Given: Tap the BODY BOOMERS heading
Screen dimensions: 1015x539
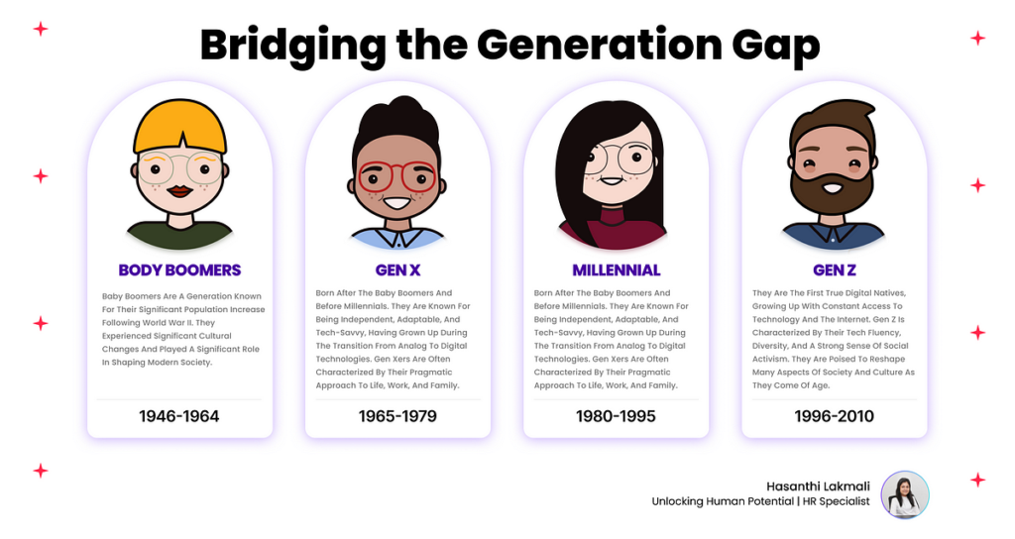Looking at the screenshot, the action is click(180, 269).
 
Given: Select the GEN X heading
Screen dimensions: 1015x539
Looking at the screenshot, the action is click(397, 269).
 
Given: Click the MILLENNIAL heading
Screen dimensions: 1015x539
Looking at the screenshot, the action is click(617, 269).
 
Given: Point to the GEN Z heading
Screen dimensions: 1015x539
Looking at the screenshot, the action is click(835, 269).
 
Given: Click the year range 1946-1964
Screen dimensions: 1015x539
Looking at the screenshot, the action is click(179, 416).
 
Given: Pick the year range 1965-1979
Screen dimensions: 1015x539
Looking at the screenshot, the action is click(397, 416).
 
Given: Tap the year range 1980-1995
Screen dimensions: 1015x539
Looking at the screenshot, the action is click(616, 416).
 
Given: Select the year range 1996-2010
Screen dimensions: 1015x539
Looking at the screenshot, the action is click(835, 416).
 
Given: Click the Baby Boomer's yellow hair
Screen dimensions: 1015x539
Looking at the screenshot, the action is click(180, 126).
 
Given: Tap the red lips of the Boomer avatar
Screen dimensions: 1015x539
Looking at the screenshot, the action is click(180, 191).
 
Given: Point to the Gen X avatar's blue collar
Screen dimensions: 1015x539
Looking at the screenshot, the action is click(397, 238).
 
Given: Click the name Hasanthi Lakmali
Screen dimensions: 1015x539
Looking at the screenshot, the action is click(818, 485).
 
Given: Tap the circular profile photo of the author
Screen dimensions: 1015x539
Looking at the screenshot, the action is click(905, 494).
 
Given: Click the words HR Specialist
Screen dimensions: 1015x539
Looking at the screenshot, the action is click(837, 501).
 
